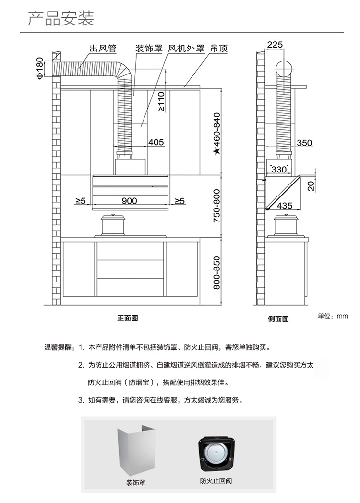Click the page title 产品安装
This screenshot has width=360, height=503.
click(61, 18)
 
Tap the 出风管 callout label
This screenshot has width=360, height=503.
click(103, 49)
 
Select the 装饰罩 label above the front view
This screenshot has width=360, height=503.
click(149, 49)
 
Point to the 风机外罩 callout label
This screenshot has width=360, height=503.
click(186, 49)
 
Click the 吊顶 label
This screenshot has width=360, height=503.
click(219, 49)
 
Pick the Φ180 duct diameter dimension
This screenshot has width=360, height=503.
click(40, 68)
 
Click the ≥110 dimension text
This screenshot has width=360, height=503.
click(161, 102)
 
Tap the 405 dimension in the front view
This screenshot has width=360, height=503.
click(156, 142)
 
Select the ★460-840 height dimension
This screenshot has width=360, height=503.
click(217, 134)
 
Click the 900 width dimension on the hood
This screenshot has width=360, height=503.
click(130, 201)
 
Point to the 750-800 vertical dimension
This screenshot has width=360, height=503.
click(217, 206)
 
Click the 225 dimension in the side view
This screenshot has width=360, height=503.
click(275, 45)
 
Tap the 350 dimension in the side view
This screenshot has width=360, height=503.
click(304, 143)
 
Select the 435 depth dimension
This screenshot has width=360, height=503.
click(285, 205)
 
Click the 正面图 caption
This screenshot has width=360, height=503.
click(128, 318)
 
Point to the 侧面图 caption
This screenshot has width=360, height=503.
click(278, 319)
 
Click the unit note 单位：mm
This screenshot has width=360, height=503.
click(333, 316)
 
